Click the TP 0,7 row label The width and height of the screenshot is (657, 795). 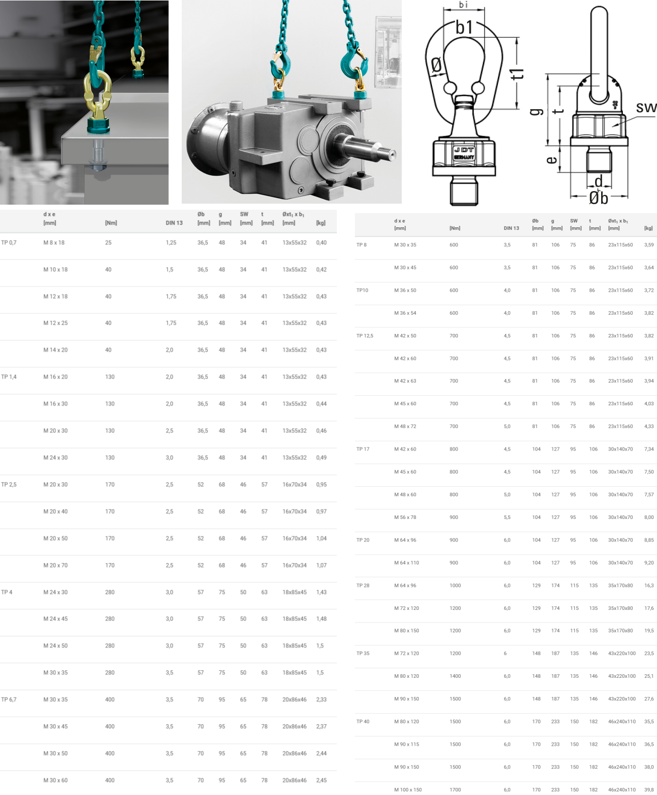(x=9, y=242)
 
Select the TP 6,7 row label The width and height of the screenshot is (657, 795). (x=9, y=699)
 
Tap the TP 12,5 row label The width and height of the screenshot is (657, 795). (x=364, y=336)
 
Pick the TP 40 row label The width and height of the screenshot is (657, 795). (x=362, y=722)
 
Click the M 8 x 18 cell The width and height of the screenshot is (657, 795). (x=54, y=242)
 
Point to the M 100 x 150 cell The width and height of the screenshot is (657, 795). (x=408, y=789)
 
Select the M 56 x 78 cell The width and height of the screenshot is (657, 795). (x=405, y=517)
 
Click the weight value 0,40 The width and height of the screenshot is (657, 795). (x=321, y=242)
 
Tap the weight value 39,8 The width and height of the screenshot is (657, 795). (x=649, y=789)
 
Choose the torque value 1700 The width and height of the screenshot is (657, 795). (x=455, y=789)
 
